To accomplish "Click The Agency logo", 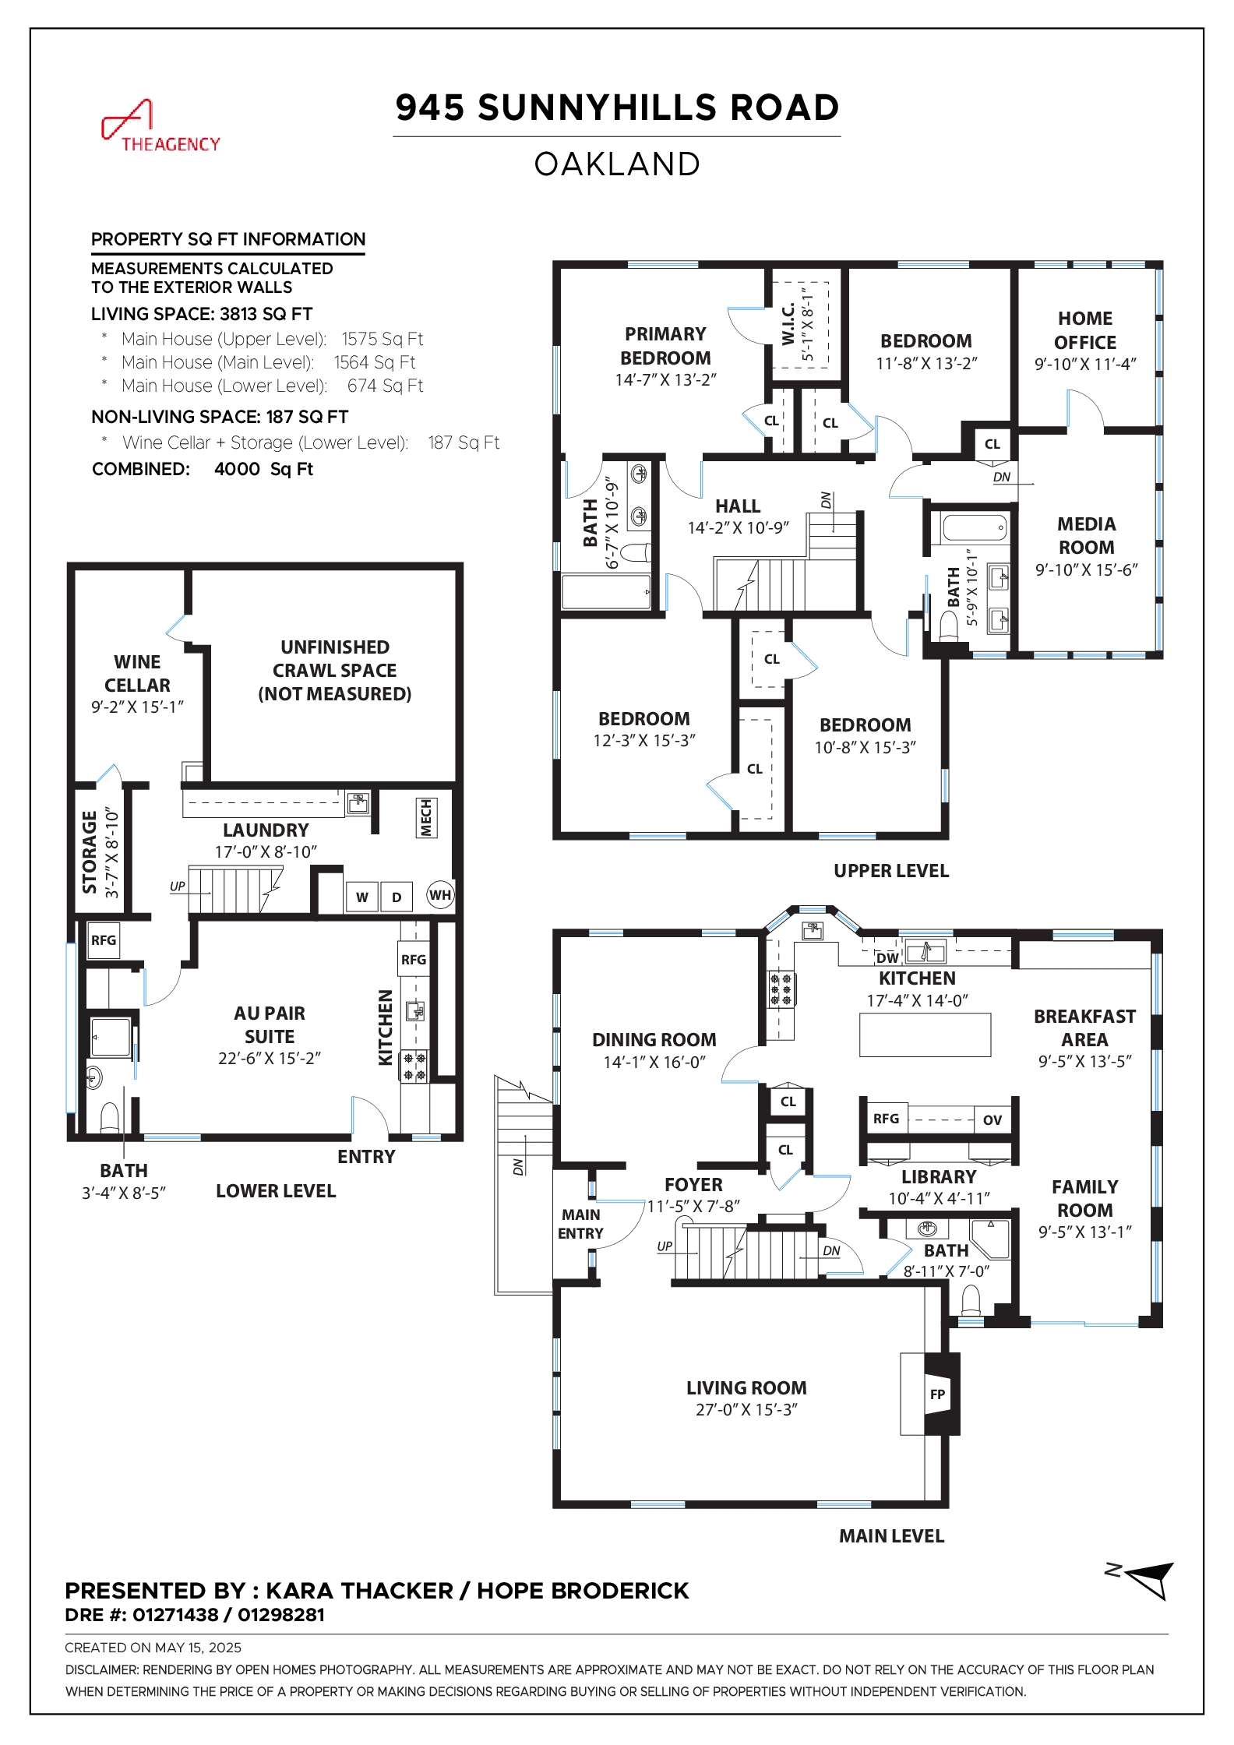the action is [x=161, y=126].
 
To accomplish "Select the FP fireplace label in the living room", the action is [x=937, y=1394].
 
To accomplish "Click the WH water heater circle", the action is [x=440, y=894].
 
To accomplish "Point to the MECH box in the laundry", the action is [x=426, y=817].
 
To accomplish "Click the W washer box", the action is [x=362, y=897].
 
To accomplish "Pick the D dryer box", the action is [x=397, y=897].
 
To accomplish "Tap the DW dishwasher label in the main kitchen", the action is [x=887, y=958].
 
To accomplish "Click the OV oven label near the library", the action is [x=992, y=1119].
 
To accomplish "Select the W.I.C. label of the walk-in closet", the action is [x=788, y=323].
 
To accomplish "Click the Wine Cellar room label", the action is [x=137, y=673].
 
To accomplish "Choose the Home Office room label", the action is [x=1085, y=330].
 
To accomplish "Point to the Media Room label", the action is [x=1086, y=535].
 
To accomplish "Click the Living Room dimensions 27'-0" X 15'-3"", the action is [x=746, y=1409].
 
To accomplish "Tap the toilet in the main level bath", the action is [x=970, y=1299].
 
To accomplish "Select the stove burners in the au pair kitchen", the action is [x=414, y=1066].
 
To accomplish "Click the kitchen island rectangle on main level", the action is [x=925, y=1035].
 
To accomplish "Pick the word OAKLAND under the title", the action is [x=617, y=164].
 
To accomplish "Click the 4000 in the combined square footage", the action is [x=237, y=469].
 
